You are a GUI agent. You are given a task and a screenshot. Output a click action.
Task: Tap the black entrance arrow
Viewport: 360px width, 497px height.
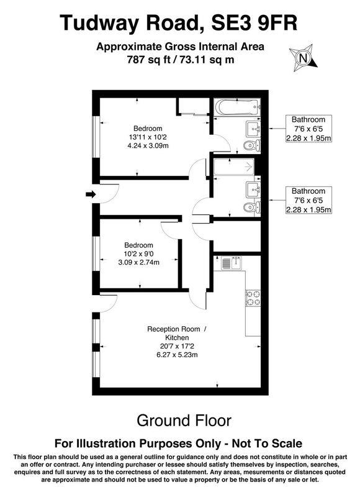point(89,195)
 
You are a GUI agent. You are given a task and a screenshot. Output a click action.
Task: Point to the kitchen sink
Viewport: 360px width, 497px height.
point(229,264)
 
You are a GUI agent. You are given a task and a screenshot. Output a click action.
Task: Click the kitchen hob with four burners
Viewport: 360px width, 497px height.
point(253,298)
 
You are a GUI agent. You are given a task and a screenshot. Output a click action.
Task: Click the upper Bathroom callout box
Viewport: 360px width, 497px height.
point(309,129)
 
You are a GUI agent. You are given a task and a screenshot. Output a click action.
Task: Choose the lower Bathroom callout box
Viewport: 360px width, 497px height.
point(309,200)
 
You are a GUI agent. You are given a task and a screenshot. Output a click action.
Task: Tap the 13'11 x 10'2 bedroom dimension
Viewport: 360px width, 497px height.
point(148,137)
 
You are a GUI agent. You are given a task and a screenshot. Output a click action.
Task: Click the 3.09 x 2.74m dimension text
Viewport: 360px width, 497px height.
point(138,263)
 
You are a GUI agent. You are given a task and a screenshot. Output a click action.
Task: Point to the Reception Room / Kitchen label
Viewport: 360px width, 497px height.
point(178,333)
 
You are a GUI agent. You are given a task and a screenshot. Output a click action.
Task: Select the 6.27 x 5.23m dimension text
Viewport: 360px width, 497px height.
point(178,355)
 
